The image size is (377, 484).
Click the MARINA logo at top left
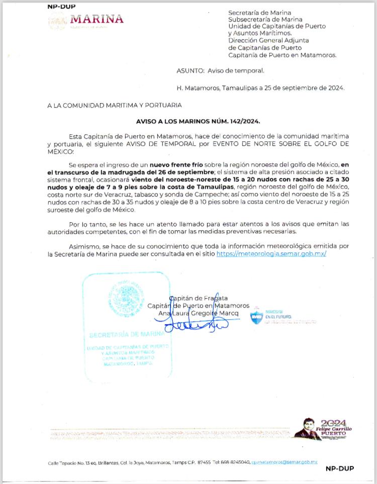[x=85, y=20]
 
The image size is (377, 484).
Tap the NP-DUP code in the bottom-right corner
[x=339, y=468]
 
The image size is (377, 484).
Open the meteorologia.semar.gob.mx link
[x=271, y=254]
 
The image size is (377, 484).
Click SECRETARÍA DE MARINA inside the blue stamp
[x=126, y=334]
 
